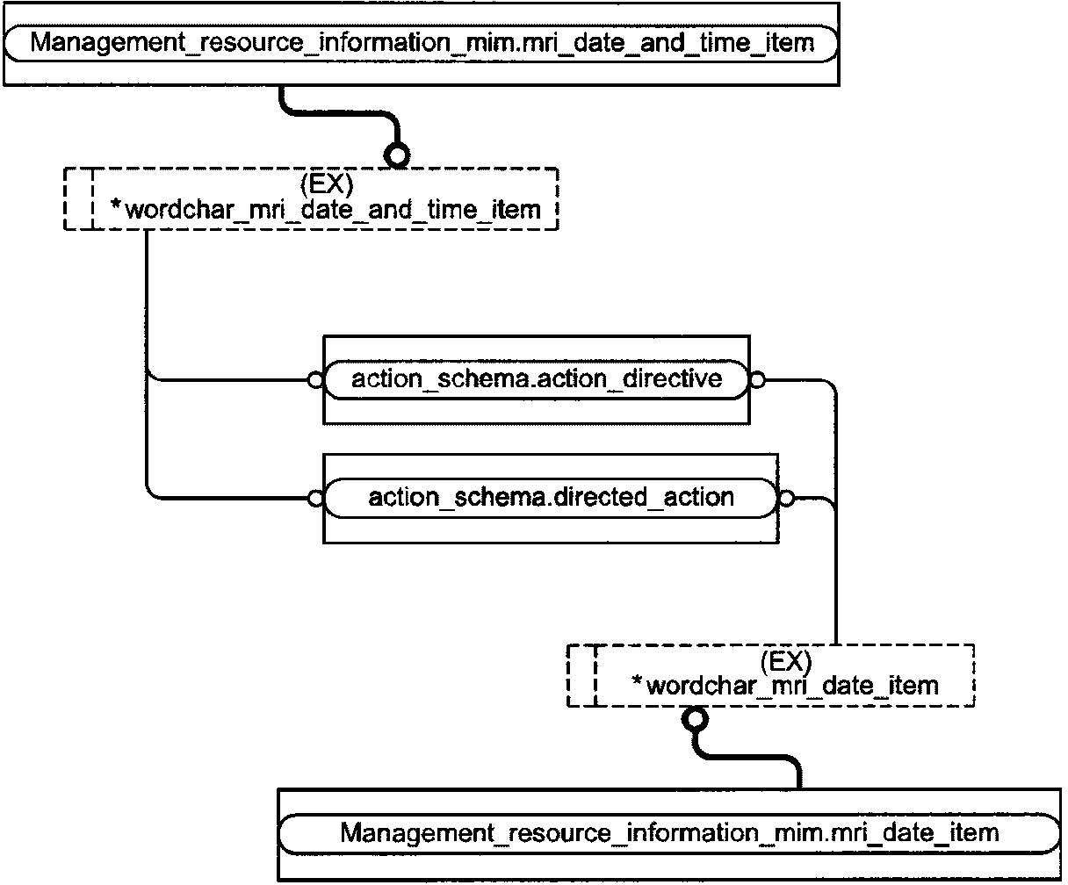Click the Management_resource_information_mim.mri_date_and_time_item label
422,43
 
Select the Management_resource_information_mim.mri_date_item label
669,833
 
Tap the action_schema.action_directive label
537,380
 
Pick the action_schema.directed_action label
551,498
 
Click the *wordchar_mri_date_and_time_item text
326,210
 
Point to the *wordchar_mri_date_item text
785,686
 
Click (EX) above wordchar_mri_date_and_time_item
327,183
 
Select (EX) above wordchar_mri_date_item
786,661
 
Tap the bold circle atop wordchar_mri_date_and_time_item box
397,155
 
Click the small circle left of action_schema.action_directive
315,380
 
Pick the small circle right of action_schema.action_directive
757,380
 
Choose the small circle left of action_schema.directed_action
315,498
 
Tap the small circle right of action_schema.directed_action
786,498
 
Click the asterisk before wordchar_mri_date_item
637,681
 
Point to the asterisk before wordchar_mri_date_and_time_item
116,205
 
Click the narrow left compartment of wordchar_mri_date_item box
581,676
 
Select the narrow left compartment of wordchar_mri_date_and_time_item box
78,199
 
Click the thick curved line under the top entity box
340,113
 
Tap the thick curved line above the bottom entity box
747,757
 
